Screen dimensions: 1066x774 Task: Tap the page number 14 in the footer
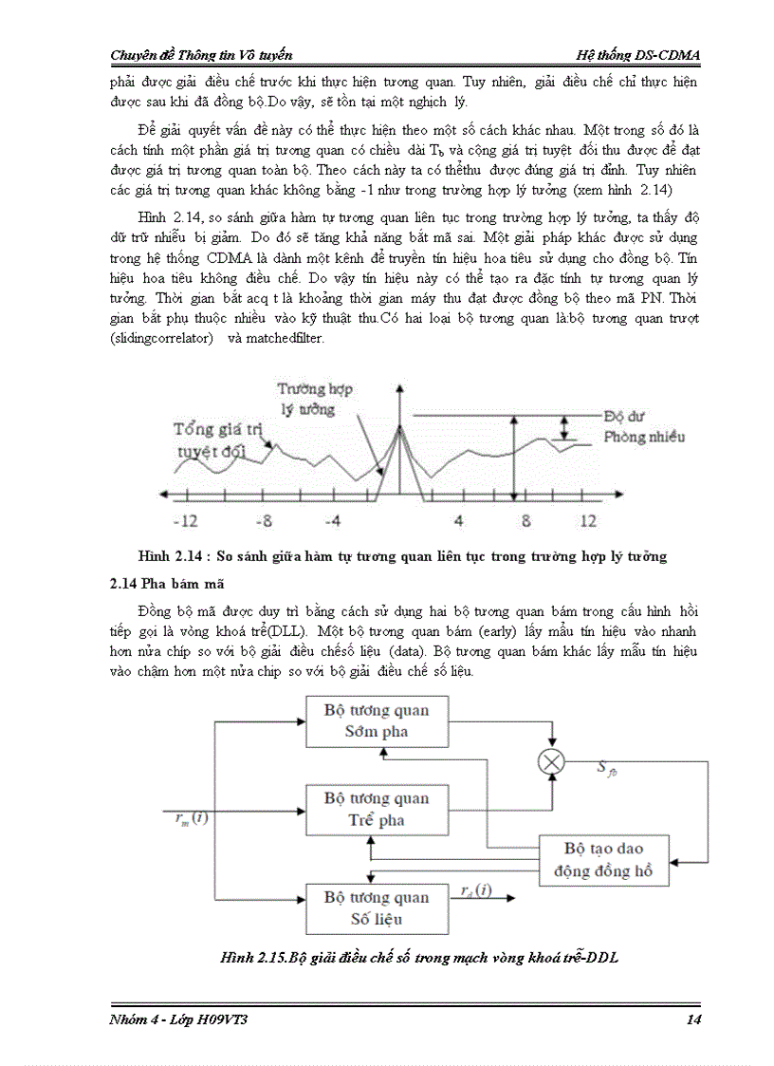pyautogui.click(x=691, y=1019)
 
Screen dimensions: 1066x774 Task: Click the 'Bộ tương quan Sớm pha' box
pyautogui.click(x=377, y=721)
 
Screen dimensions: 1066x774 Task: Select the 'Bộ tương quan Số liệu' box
pyautogui.click(x=377, y=908)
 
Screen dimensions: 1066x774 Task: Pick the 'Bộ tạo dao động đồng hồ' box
pyautogui.click(x=603, y=860)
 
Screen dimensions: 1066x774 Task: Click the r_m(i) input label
pyautogui.click(x=193, y=816)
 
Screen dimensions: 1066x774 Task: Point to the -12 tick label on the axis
pyautogui.click(x=185, y=521)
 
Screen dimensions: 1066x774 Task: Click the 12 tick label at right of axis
pyautogui.click(x=588, y=521)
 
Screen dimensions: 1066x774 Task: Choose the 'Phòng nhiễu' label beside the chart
pyautogui.click(x=644, y=438)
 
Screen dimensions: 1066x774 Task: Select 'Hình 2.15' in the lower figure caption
pyautogui.click(x=252, y=958)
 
